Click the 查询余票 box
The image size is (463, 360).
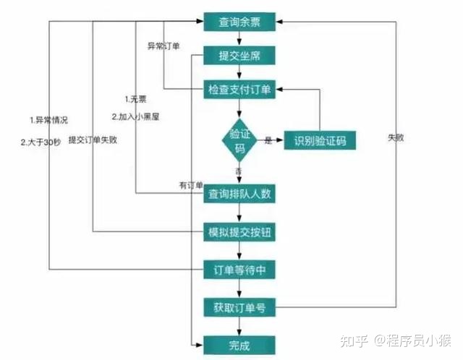239,22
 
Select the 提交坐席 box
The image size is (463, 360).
239,55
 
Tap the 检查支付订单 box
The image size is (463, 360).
239,89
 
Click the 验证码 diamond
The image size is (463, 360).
239,140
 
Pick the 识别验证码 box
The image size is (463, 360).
320,140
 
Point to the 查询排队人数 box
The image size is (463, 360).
239,194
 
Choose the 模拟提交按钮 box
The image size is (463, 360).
239,232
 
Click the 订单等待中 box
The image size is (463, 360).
239,270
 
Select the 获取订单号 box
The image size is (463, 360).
239,307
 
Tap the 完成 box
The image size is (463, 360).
239,345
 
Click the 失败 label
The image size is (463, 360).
396,137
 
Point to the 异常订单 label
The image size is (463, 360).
163,46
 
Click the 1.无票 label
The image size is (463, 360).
135,99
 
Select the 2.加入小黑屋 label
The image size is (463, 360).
135,117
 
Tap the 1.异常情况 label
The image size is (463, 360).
48,120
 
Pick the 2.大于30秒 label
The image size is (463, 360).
41,142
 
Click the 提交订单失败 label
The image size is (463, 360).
93,140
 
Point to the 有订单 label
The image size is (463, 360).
191,185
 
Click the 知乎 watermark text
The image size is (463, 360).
354,340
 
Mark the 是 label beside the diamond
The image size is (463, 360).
268,140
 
